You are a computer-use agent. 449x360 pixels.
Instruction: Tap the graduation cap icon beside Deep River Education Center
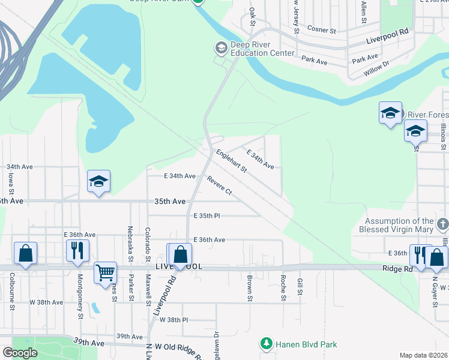point(221,47)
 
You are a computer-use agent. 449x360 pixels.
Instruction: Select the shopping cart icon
point(105,272)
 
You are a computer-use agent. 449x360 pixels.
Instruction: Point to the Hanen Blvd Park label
point(306,344)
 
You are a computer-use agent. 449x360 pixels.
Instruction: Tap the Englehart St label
point(232,161)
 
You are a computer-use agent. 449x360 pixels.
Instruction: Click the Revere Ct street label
point(220,185)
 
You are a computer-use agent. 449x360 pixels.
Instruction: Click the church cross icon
point(443,224)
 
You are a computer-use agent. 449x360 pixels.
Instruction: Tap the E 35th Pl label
point(207,215)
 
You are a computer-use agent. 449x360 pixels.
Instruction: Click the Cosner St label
point(322,29)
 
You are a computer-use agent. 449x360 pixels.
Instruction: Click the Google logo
point(20,353)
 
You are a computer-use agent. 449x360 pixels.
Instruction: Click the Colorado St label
point(147,240)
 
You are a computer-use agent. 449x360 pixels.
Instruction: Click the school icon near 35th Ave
point(99,182)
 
